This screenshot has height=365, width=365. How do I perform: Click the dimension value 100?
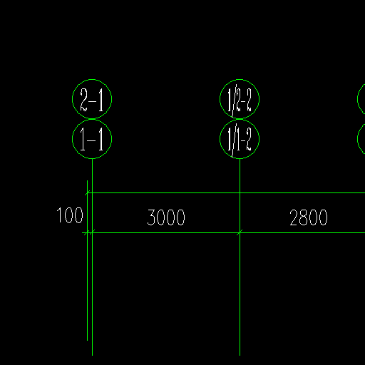pos(70,215)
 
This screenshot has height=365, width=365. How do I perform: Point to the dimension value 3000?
pos(166,217)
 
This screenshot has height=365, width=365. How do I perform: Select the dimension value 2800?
pos(309,217)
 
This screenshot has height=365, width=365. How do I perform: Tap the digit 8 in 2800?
pos(304,217)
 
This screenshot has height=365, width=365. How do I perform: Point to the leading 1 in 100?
pos(58,215)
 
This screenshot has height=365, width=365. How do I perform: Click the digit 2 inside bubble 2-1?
pos(83,100)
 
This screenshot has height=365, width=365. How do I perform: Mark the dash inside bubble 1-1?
pos(92,140)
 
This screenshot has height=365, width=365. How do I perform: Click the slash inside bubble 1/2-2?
pos(235,101)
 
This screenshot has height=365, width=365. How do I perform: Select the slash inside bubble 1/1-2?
pos(235,140)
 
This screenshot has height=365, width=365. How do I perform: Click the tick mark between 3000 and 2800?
pos(240,232)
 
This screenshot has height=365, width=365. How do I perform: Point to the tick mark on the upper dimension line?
pos(88,193)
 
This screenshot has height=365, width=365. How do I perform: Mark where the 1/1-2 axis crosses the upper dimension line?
pos(240,193)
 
